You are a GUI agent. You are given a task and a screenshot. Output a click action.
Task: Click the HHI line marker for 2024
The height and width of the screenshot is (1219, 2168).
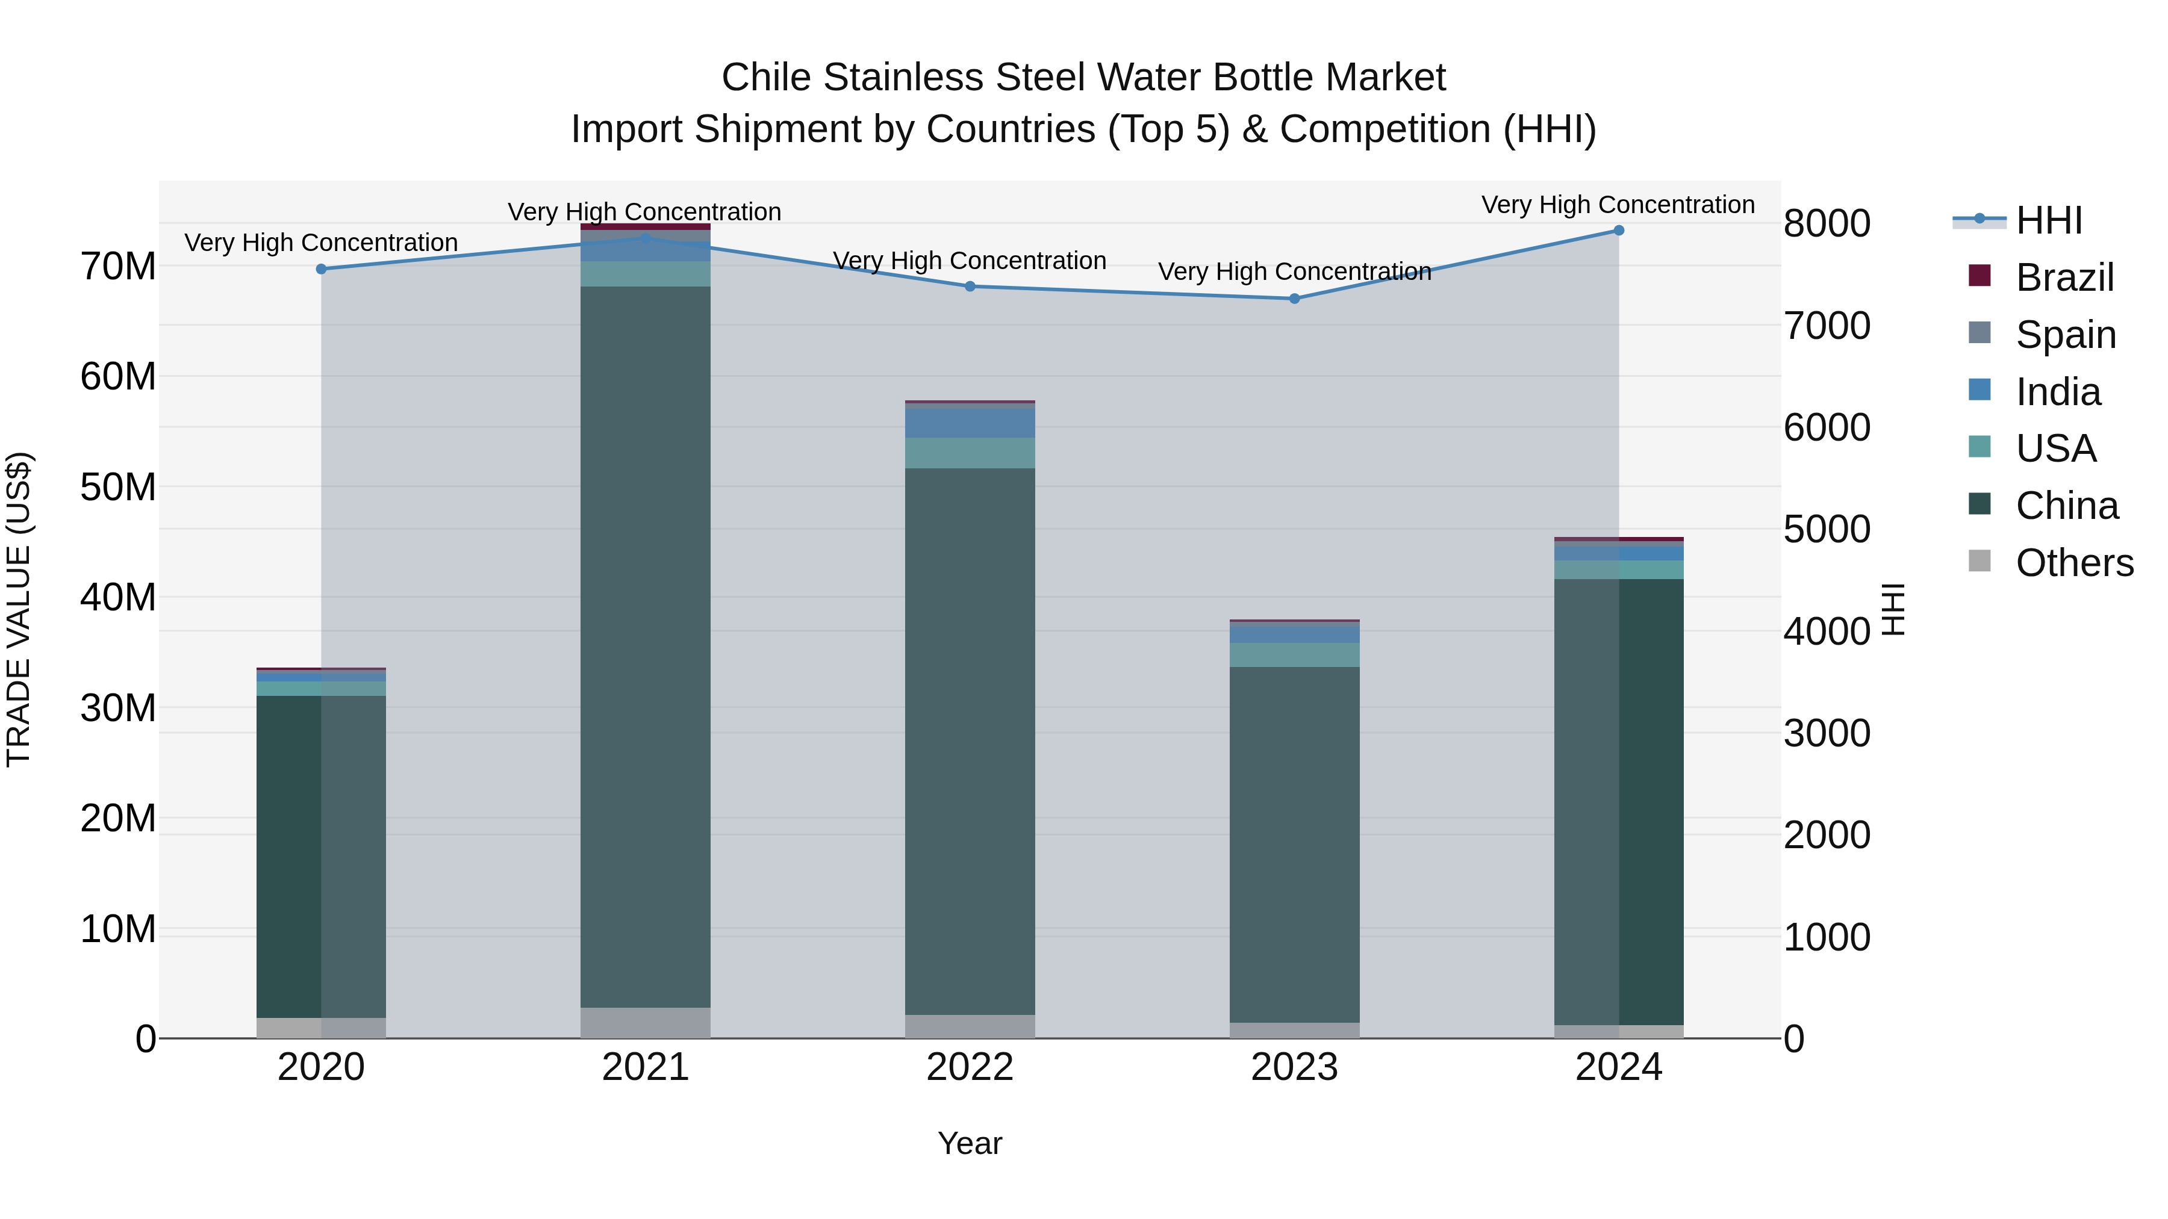[1618, 231]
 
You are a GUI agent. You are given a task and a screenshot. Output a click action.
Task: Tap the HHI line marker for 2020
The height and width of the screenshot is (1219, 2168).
[320, 269]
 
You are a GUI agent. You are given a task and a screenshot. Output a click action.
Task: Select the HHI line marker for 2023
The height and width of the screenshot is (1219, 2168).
[1294, 299]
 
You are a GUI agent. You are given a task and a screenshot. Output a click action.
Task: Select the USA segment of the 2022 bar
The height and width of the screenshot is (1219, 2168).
[970, 453]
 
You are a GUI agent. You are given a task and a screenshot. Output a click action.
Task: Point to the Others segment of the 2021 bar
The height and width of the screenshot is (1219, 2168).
[646, 1022]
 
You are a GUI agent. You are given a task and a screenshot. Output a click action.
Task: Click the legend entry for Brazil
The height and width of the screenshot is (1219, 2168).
[2064, 278]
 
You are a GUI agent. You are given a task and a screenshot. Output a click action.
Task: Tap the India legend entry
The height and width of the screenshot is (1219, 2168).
[2058, 392]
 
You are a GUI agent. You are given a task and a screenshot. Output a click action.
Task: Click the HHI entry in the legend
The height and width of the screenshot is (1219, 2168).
[2049, 220]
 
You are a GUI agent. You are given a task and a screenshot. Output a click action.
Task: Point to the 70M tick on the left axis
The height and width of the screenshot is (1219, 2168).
[118, 267]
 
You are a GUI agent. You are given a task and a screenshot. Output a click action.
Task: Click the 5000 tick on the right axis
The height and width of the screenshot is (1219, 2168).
[1827, 529]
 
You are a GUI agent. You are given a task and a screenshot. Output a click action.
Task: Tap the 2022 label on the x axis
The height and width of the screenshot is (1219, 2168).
[970, 1067]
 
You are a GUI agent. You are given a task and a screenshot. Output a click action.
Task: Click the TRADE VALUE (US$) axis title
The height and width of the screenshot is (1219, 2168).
[19, 609]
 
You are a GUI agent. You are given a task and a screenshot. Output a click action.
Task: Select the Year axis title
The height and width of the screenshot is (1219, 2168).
[970, 1143]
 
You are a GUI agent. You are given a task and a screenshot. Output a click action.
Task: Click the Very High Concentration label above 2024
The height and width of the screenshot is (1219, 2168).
[1618, 205]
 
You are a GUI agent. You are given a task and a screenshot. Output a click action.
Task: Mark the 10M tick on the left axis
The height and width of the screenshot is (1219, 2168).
[118, 929]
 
